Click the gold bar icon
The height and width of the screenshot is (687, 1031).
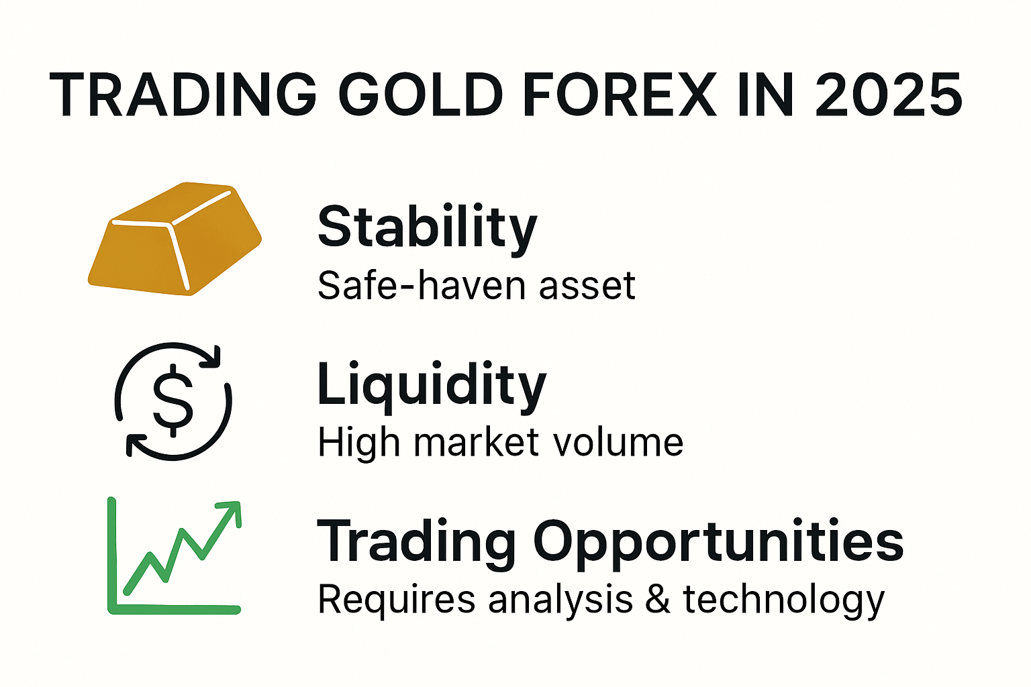[x=175, y=238]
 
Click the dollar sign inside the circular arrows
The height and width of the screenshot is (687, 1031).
[x=173, y=401]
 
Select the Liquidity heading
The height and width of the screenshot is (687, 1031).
[x=432, y=386]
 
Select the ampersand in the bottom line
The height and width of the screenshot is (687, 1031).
[x=658, y=599]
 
